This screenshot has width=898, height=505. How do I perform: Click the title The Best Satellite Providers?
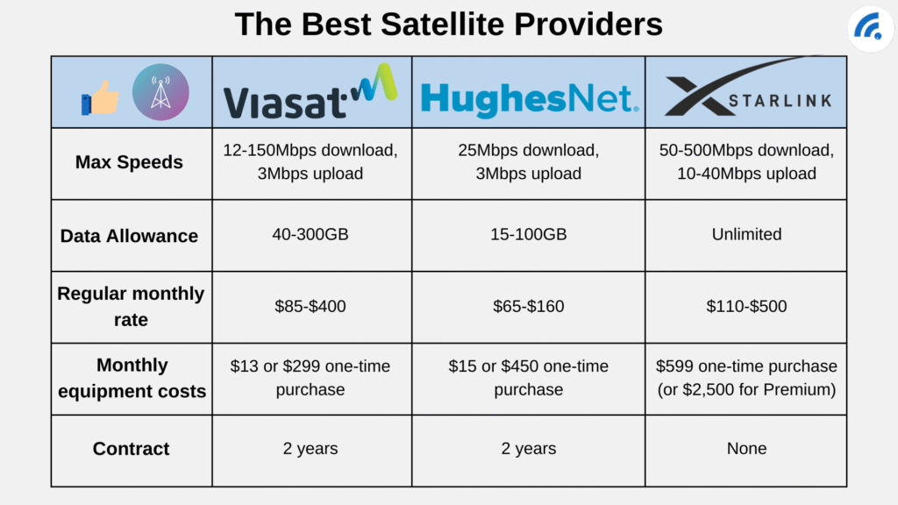point(448,24)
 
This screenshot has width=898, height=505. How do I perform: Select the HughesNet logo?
point(529,98)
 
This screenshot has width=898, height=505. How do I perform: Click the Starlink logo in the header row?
point(746,93)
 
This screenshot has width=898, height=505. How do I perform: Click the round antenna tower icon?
point(160,92)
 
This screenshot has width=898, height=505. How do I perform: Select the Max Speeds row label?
point(130,162)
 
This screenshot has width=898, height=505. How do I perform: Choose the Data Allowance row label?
point(130,235)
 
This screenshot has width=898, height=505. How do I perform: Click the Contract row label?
point(131,448)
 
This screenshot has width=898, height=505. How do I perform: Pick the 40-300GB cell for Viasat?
point(311,234)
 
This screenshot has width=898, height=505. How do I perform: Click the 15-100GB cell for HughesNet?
point(528,234)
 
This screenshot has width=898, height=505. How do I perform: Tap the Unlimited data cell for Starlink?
point(746,234)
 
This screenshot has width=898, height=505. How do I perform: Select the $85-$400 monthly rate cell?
point(311,306)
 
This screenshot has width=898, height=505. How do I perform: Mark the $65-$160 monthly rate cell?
point(528,306)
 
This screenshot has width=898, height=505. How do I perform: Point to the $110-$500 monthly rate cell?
point(746,306)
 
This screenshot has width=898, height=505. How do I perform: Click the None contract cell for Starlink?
point(746,448)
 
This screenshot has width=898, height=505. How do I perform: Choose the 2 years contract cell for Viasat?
point(311,448)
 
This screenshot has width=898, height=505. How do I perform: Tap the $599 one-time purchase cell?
point(746,378)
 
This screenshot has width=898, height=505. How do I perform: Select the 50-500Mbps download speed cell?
point(746,162)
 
